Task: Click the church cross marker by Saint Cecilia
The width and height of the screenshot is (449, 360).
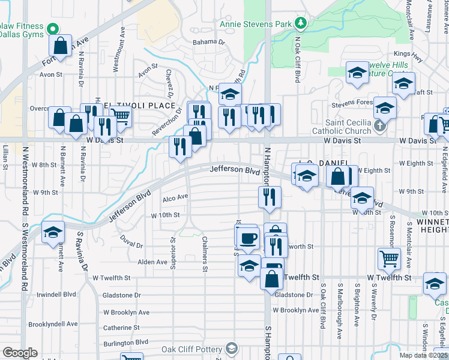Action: [379, 126]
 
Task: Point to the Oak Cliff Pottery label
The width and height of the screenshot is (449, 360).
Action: [191, 349]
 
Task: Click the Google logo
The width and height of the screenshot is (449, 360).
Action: [20, 353]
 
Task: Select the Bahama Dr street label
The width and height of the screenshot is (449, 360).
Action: [208, 43]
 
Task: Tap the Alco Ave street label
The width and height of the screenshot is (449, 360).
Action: [175, 197]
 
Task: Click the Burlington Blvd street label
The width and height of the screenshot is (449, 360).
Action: [125, 342]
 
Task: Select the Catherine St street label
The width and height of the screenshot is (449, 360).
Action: [121, 328]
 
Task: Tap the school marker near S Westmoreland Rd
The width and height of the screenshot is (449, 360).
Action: [53, 232]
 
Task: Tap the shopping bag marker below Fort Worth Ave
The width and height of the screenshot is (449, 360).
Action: [62, 45]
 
